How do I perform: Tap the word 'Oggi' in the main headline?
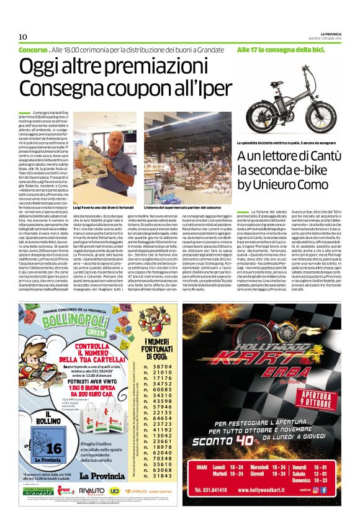(42, 68)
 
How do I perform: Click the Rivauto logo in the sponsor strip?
(91, 508)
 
